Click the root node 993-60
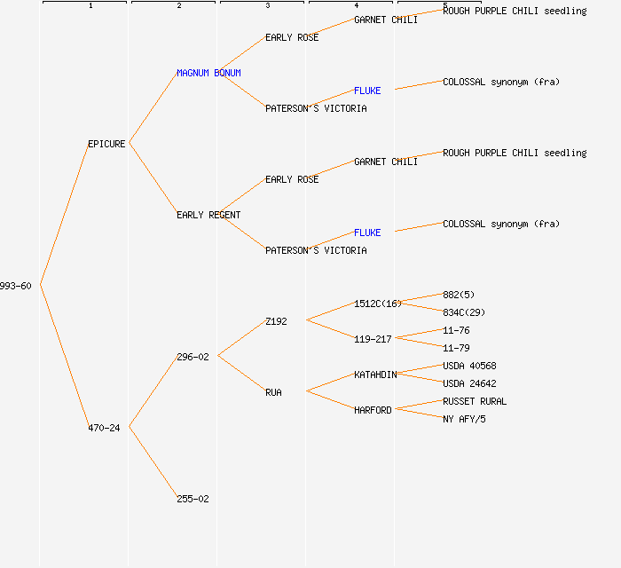pyautogui.click(x=16, y=286)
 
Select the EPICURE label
pyautogui.click(x=106, y=144)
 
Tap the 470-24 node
pyautogui.click(x=104, y=428)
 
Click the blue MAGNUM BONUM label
pyautogui.click(x=208, y=73)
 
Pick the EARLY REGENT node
pyautogui.click(x=208, y=215)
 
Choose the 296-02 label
pyautogui.click(x=193, y=357)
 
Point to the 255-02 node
pyautogui.click(x=193, y=499)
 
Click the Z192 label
pyautogui.click(x=276, y=321)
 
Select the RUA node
pyautogui.click(x=273, y=392)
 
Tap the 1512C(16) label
pyautogui.click(x=378, y=304)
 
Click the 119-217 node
pyautogui.click(x=373, y=339)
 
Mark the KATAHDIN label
pyautogui.click(x=375, y=375)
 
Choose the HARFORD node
pyautogui.click(x=373, y=410)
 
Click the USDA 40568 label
pyautogui.click(x=469, y=366)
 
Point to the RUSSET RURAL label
pyautogui.click(x=475, y=401)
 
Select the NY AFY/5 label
pyautogui.click(x=464, y=419)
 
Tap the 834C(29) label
pyautogui.click(x=464, y=312)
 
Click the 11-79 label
pyautogui.click(x=456, y=348)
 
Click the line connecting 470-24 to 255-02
pyautogui.click(x=153, y=462)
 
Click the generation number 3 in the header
pyautogui.click(x=267, y=6)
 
